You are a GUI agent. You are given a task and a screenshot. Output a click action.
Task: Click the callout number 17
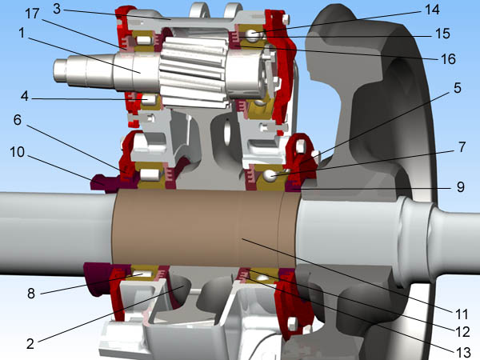tap(32, 14)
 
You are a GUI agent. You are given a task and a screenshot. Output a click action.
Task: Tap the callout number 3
tap(57, 9)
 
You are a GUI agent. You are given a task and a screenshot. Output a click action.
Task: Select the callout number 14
tap(432, 10)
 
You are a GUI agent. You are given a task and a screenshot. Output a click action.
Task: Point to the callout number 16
tap(448, 58)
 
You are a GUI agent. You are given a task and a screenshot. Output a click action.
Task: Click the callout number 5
tap(457, 88)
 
